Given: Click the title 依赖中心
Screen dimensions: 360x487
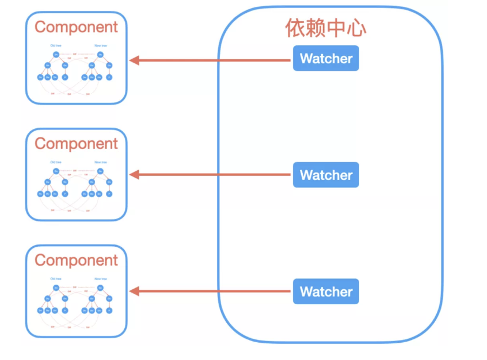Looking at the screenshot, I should coord(326,28).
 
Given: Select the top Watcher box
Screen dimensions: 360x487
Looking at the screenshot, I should coord(326,59).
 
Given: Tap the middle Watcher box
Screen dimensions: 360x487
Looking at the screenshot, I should coord(326,175).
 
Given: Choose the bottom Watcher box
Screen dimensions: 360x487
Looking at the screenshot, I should coord(326,292).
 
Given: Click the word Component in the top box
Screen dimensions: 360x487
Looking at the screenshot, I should coord(76,27).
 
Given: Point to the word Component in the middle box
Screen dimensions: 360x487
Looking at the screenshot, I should coord(76,143).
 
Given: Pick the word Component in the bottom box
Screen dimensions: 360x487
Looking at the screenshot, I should coord(76,260).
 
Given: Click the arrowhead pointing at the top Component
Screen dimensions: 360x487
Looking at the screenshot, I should coord(134,60).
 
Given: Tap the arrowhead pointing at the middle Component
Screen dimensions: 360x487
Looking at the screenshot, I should coord(134,175).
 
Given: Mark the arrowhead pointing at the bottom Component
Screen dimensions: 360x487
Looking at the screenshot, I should coord(134,292).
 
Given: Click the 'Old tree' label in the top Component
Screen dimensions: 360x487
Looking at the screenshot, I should coord(56,45).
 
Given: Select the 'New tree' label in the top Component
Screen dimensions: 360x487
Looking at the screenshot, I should coord(100,45).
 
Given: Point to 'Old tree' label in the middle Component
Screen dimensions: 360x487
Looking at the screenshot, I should coord(56,162).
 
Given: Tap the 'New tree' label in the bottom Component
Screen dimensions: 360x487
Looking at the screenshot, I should coord(100,279).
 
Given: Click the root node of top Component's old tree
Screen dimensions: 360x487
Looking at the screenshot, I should coord(56,55).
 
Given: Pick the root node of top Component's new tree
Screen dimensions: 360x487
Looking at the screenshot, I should coord(100,55).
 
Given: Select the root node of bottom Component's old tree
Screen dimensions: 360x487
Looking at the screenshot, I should coord(56,288).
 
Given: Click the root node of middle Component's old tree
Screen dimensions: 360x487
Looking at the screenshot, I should coord(56,171).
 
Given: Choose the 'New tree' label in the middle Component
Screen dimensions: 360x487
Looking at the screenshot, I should coord(100,162).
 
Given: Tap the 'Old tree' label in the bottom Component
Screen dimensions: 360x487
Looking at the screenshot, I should coord(56,279).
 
